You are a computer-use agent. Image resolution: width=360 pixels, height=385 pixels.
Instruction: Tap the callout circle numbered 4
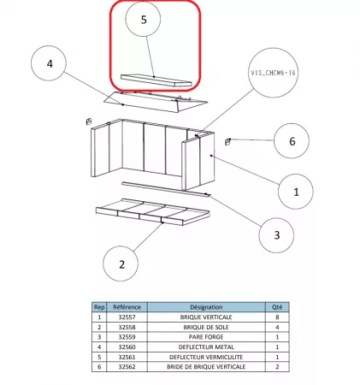click(50, 63)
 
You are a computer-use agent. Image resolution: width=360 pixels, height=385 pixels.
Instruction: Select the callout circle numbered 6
click(292, 140)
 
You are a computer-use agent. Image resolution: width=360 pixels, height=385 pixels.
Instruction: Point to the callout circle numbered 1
click(297, 193)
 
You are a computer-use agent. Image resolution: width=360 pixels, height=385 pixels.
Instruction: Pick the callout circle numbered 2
click(121, 264)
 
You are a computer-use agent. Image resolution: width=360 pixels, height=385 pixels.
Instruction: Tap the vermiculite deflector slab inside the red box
click(153, 80)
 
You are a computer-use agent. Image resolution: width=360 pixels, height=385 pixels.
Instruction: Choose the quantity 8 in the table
click(274, 317)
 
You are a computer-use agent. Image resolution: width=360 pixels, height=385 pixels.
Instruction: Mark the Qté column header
click(274, 306)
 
